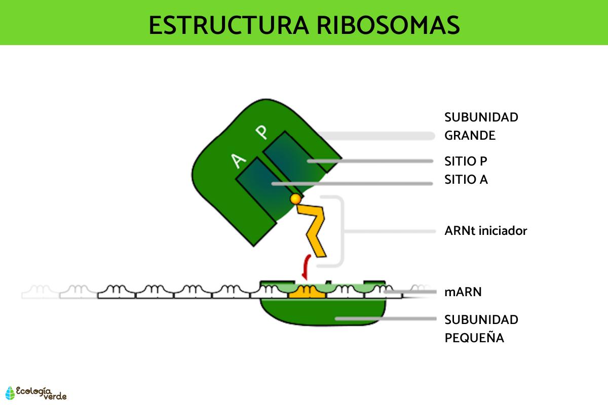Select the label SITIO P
click(x=466, y=161)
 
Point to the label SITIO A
click(x=466, y=179)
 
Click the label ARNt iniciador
click(x=485, y=231)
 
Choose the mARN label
click(x=463, y=292)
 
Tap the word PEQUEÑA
click(x=474, y=338)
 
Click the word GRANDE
click(x=470, y=136)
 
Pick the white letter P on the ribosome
click(x=261, y=133)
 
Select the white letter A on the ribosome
click(x=238, y=161)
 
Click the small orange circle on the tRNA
click(x=295, y=199)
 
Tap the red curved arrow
click(x=306, y=267)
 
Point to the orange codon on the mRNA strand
click(x=307, y=291)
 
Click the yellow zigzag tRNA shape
click(x=314, y=228)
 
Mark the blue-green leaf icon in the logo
click(x=10, y=393)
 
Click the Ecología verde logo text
click(x=41, y=392)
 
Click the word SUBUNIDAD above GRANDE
click(x=481, y=117)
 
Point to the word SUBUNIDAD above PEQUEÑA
click(x=481, y=320)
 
